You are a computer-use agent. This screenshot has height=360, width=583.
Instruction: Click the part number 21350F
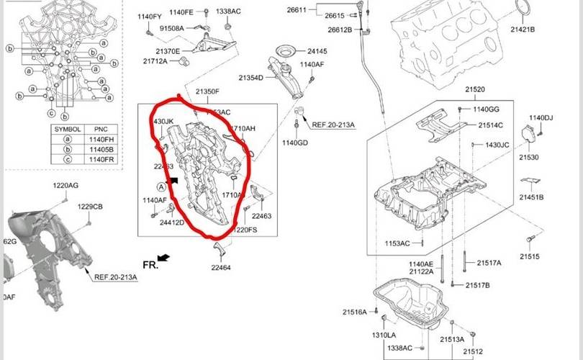click(207, 91)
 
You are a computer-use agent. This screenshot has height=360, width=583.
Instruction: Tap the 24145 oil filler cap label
click(317, 51)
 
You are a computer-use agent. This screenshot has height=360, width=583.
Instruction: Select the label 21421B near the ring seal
click(523, 30)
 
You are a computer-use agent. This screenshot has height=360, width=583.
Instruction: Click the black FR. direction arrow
click(164, 258)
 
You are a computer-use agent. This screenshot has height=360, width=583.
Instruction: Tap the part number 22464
click(221, 268)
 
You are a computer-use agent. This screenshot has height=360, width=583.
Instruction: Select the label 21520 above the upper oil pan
click(475, 90)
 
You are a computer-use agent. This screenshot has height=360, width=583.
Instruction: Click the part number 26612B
click(340, 30)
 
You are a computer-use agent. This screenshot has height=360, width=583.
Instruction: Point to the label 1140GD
click(295, 143)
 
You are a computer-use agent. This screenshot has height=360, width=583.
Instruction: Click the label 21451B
click(531, 197)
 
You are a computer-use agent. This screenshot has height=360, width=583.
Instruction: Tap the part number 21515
click(530, 257)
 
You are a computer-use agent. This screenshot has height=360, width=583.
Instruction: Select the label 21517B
click(477, 285)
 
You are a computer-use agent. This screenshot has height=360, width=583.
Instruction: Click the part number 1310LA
click(384, 336)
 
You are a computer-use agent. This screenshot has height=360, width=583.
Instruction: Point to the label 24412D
click(172, 222)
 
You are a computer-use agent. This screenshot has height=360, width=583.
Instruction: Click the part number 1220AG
click(65, 186)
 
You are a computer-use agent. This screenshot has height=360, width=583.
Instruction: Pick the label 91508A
click(171, 28)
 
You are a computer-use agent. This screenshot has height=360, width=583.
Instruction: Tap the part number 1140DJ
click(541, 118)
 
